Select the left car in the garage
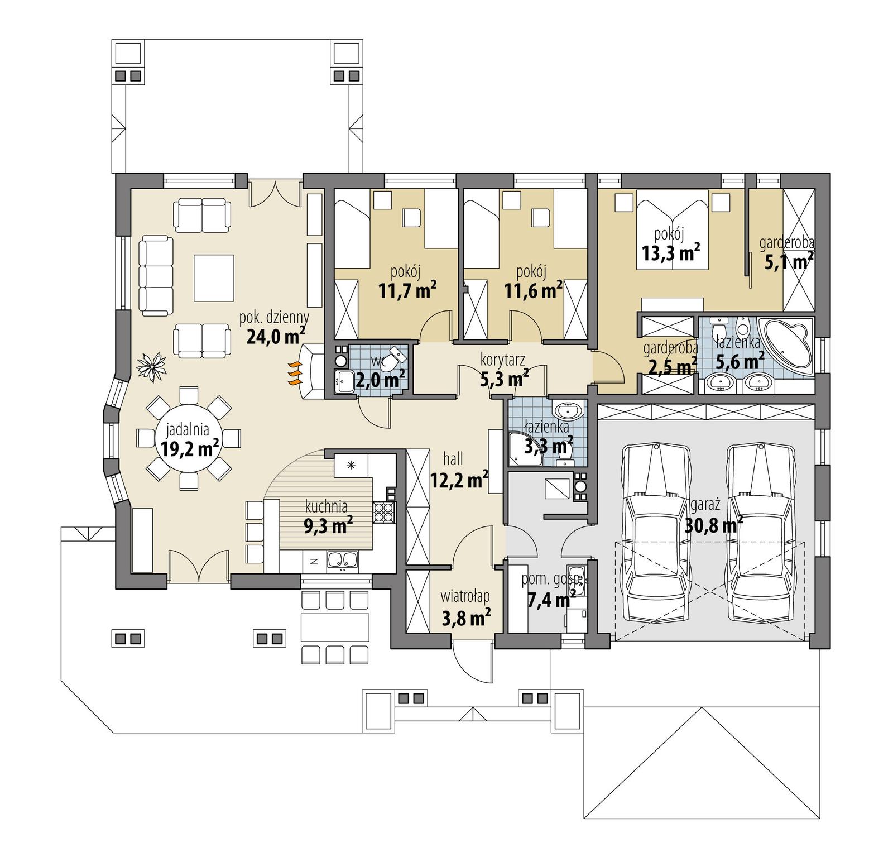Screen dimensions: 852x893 point(656,534)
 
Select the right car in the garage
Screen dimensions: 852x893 point(760,534)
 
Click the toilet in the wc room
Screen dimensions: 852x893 point(397,357)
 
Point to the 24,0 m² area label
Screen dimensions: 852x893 point(275,336)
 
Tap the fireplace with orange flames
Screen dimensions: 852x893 point(295,372)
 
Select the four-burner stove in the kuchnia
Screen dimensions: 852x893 point(384,512)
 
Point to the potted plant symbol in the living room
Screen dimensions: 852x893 point(152,366)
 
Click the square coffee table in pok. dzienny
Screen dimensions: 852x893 point(214,277)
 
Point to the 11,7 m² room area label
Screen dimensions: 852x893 point(407,290)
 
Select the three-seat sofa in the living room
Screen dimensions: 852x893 point(156,274)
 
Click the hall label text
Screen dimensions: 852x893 point(453,459)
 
